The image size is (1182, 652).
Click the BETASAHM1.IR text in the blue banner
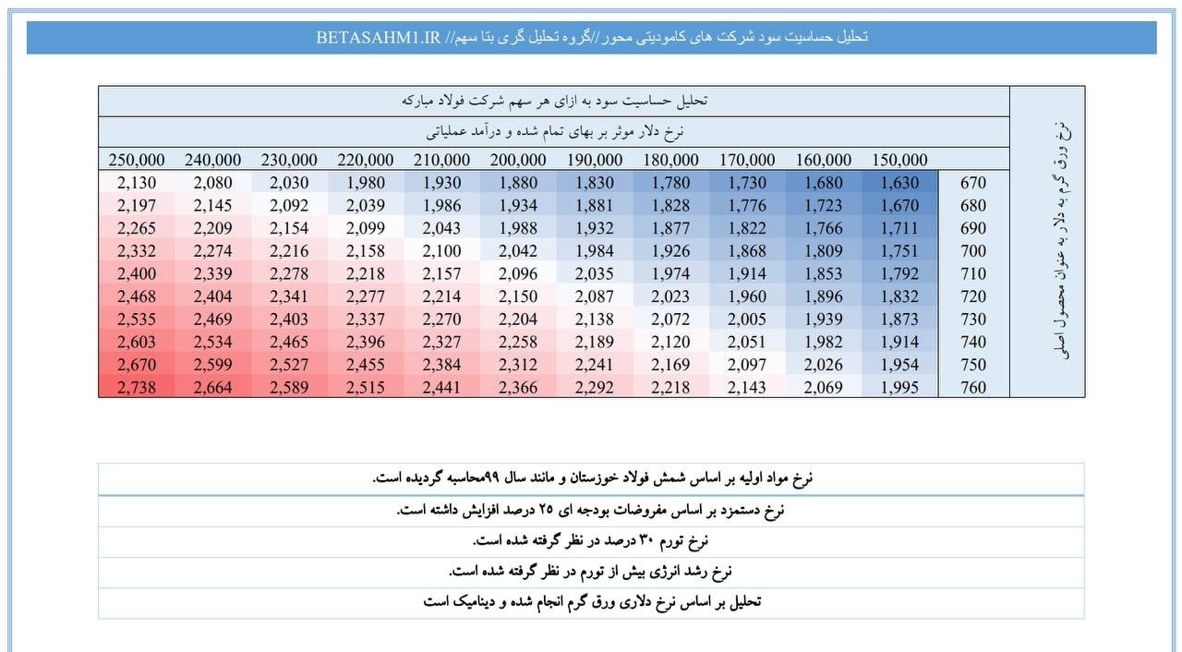point(379,38)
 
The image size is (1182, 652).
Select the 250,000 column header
point(137,160)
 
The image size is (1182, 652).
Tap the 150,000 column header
point(899,160)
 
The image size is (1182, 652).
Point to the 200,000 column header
point(518,160)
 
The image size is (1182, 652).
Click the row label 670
point(973,183)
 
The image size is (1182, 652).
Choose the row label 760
point(973,387)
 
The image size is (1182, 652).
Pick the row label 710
point(973,273)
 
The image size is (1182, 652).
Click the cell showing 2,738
point(137,387)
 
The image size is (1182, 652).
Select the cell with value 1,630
point(899,183)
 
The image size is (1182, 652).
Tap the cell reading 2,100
point(441,250)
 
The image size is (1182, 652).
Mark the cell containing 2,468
point(137,296)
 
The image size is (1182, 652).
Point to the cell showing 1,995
point(899,387)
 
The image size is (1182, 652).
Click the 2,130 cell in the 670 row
point(137,183)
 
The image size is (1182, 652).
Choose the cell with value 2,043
point(441,228)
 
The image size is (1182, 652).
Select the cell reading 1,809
point(823,250)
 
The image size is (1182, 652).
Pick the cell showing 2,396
point(365,342)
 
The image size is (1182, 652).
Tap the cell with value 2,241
point(594,365)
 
